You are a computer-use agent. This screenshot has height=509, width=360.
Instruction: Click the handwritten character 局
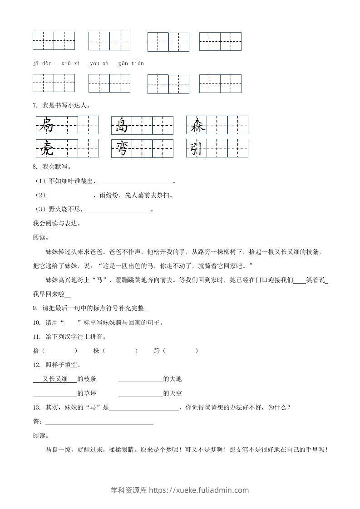[x=46, y=125]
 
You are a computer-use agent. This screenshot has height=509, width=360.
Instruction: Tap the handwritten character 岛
[x=121, y=125]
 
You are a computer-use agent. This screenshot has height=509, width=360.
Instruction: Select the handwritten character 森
[x=197, y=125]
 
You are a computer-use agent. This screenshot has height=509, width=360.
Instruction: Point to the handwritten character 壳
[x=46, y=148]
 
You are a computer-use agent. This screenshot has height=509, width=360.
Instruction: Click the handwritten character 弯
[x=121, y=148]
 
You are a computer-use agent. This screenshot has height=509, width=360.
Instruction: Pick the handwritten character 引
[x=197, y=148]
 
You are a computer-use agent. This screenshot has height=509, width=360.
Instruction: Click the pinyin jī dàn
[x=42, y=64]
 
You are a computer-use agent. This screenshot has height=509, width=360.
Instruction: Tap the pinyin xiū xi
[x=70, y=64]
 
